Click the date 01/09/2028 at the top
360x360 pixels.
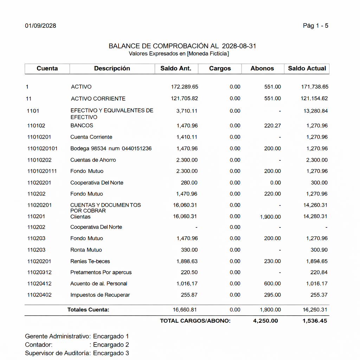click(40, 26)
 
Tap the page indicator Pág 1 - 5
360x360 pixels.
click(315, 26)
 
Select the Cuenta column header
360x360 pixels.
click(47, 69)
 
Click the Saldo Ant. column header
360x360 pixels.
click(176, 69)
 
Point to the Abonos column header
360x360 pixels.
click(262, 69)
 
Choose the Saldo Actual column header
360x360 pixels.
click(307, 69)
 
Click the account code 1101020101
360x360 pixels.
click(43, 148)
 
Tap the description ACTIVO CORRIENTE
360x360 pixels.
click(98, 98)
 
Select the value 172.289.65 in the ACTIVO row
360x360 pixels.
click(185, 87)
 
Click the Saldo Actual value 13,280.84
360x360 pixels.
click(315, 111)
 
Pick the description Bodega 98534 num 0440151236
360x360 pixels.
click(111, 148)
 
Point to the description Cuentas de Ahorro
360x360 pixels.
click(93, 160)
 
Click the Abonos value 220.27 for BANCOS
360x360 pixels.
click(272, 126)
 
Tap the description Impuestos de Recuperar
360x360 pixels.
click(100, 295)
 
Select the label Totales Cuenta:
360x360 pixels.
click(88, 310)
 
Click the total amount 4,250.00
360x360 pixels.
click(265, 321)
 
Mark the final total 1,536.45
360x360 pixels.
click(315, 321)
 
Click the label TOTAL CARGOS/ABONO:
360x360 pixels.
click(195, 321)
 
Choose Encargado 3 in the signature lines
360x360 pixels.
click(111, 353)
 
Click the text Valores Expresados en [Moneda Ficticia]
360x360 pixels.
click(179, 54)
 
